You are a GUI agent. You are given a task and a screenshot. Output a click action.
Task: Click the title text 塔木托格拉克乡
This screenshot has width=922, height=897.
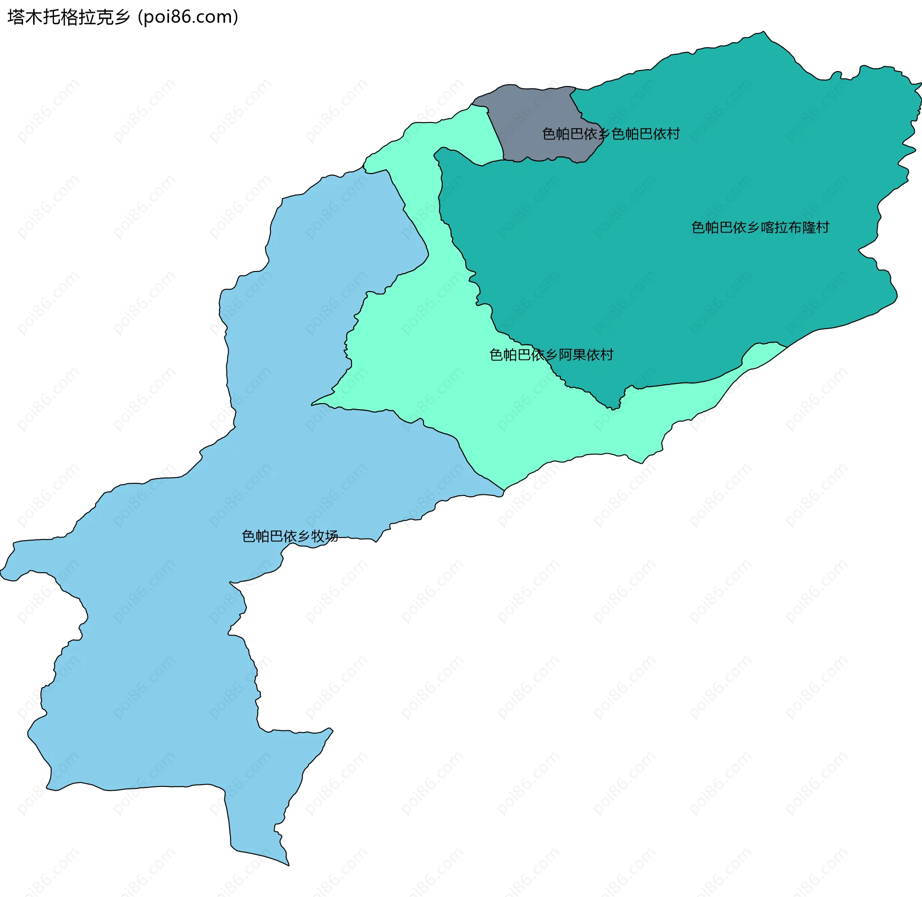pos(69,17)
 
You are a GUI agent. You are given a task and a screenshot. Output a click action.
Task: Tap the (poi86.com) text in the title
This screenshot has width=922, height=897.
pos(188,17)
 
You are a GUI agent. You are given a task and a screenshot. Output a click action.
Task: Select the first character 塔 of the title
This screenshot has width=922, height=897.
pos(16,17)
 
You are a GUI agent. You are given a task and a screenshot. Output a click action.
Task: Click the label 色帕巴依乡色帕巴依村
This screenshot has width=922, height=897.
pos(611,134)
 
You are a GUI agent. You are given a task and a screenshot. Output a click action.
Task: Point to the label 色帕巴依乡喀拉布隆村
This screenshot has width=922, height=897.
pos(760,227)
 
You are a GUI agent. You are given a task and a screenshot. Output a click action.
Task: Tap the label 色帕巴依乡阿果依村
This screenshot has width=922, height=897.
pos(551,355)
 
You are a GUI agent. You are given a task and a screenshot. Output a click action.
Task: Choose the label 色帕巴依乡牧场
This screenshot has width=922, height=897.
pos(290,536)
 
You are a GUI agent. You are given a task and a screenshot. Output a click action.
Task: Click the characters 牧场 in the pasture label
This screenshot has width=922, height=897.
pos(325,536)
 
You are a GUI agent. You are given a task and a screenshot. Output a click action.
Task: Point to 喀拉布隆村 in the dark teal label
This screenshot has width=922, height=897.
pos(795,227)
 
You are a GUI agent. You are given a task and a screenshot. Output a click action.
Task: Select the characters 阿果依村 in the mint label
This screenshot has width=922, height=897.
pos(586,355)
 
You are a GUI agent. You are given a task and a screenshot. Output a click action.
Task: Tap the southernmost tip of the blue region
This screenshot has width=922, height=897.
pos(289,865)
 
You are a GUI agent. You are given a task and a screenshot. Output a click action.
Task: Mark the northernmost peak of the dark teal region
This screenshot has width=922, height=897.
pos(764,32)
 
